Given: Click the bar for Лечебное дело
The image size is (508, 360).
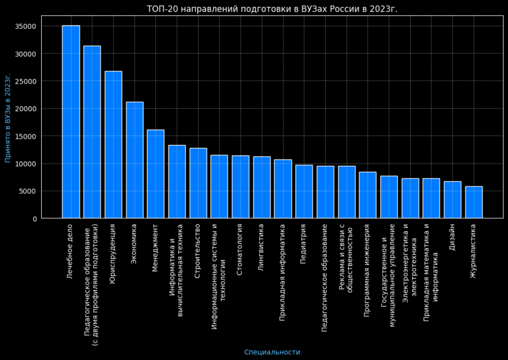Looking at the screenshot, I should coord(71,121).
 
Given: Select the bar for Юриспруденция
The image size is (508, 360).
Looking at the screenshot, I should coord(113,144).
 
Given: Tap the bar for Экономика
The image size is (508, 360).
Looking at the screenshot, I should coord(134,160).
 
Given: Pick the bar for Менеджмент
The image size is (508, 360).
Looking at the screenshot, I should coord(156,174).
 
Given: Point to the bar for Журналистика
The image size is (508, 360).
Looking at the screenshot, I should coord(474,202).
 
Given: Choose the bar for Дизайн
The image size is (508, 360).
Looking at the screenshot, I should coord(452,199).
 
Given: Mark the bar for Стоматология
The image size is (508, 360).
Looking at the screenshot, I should coord(240,187).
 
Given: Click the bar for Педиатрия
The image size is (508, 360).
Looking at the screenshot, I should coord(304,191).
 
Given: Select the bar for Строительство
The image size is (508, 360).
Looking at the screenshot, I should coord(198,183).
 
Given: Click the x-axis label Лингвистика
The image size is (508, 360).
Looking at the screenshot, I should coord(261,248).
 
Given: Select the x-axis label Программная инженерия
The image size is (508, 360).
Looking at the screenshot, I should coord(367,270).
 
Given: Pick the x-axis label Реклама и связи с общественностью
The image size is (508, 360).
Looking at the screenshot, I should coord(346,257).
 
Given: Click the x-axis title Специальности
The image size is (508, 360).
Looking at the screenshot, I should coord(272,352).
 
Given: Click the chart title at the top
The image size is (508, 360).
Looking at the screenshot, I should coord(272,9).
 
